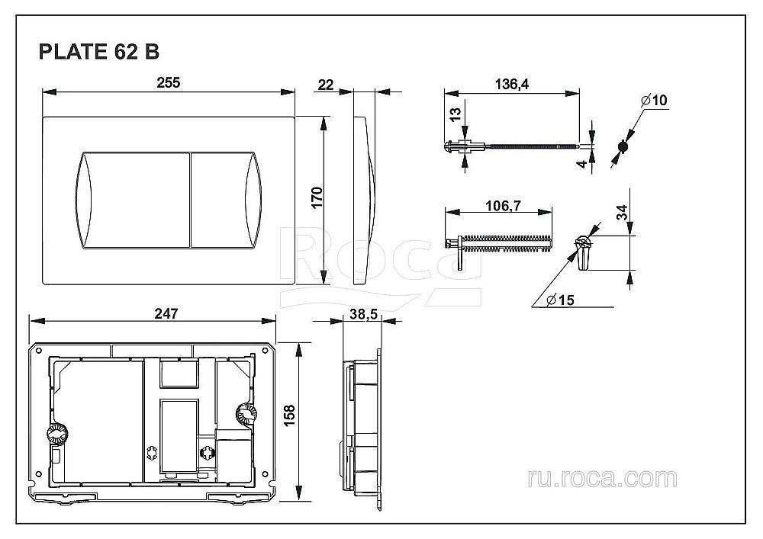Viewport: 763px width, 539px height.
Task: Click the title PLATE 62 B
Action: point(98,53)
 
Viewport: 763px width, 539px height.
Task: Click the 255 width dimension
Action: point(169,83)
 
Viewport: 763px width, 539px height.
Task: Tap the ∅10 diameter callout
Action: point(654,101)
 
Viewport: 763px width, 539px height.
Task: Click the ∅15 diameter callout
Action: point(561,300)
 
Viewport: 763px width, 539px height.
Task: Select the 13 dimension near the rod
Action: point(455,115)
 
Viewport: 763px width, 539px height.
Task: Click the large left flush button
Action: point(131,201)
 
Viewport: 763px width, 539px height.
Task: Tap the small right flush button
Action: point(224,201)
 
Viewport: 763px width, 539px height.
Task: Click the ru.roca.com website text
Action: point(601,478)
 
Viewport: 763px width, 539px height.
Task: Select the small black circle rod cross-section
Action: point(623,146)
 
